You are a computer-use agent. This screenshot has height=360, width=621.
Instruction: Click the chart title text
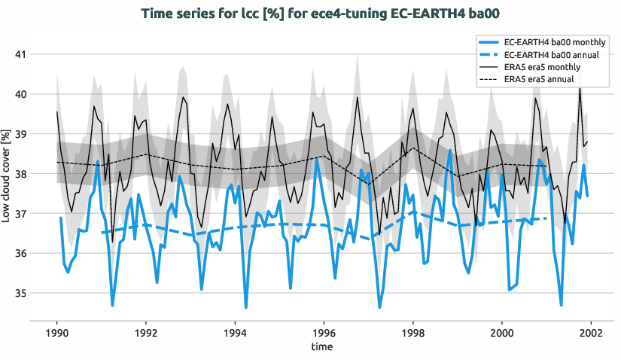tap(310, 13)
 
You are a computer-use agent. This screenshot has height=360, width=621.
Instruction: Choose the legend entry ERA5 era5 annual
tap(539, 79)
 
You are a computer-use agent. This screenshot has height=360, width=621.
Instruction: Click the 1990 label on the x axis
tap(57, 332)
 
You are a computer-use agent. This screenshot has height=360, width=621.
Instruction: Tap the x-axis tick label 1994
tap(235, 332)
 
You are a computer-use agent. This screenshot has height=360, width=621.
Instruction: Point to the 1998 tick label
tap(412, 332)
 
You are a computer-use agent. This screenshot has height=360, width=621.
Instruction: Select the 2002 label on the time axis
tap(590, 332)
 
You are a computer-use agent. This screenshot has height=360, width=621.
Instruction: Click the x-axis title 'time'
tap(324, 346)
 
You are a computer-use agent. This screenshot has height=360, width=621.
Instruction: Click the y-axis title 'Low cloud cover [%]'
tap(7, 175)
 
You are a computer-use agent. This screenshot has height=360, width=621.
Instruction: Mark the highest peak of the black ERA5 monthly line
tap(580, 88)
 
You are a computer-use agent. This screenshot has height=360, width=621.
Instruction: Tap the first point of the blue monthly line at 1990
tap(61, 218)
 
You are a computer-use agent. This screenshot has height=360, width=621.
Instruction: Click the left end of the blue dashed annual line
tap(102, 233)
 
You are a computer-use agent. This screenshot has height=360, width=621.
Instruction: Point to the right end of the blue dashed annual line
tap(546, 218)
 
